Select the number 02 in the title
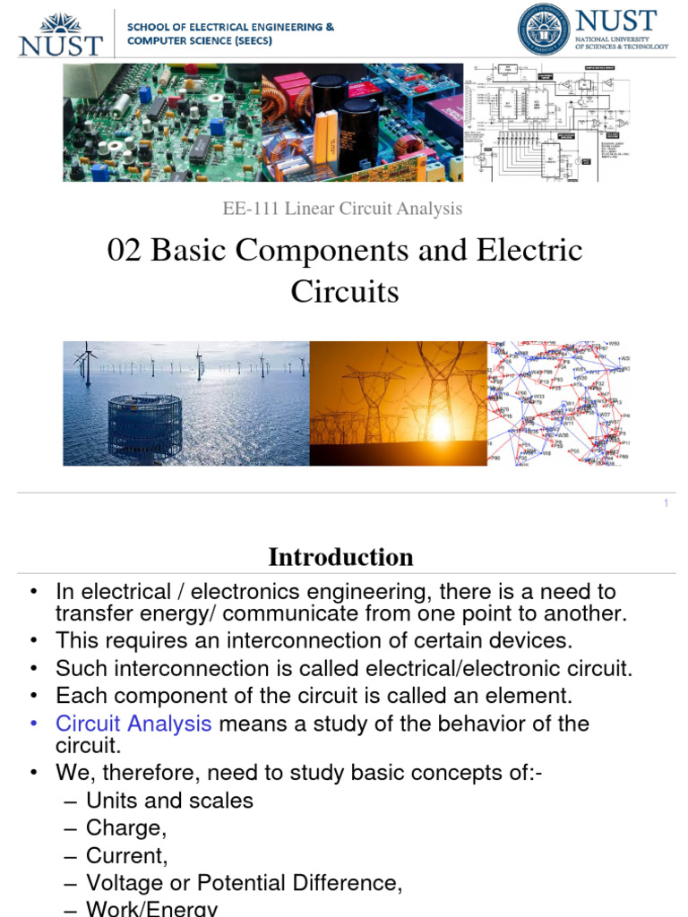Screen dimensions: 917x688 [x=125, y=251]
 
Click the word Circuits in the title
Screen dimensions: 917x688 [x=345, y=292]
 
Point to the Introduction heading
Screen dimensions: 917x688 [x=341, y=557]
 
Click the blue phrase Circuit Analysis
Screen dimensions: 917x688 [x=133, y=724]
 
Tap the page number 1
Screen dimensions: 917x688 [x=666, y=504]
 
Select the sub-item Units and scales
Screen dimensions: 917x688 [x=169, y=801]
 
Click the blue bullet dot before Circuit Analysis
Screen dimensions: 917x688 [x=33, y=724]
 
